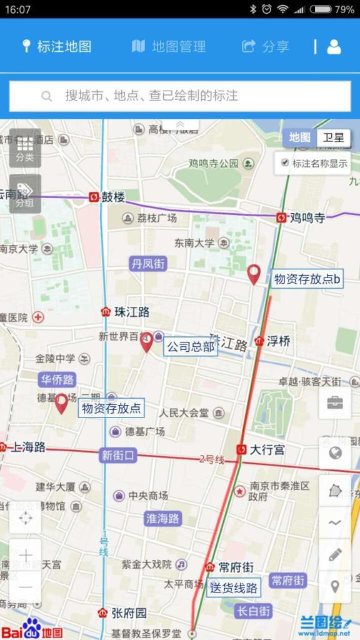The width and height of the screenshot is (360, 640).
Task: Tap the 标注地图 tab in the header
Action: click(57, 46)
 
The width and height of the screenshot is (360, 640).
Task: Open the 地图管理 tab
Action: click(169, 46)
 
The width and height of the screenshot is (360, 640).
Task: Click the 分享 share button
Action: click(266, 46)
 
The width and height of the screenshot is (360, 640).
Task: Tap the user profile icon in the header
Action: click(334, 46)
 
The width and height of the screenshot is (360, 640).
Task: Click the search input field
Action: click(180, 96)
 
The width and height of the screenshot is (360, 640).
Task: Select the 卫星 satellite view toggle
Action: click(333, 137)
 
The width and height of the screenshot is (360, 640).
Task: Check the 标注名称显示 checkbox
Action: click(285, 163)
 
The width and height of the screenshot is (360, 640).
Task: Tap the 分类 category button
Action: click(25, 147)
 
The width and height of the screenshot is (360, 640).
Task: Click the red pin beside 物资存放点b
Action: click(254, 274)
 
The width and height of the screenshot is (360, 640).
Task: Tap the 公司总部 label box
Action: click(191, 346)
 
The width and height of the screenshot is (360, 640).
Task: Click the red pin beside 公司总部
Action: click(146, 342)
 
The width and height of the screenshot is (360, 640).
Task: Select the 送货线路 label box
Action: click(234, 587)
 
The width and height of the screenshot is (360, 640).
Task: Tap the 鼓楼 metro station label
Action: click(113, 197)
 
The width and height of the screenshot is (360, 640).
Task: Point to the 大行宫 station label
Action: click(267, 449)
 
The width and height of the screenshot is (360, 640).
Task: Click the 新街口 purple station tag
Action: click(117, 456)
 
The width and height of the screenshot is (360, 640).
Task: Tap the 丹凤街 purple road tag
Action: click(148, 264)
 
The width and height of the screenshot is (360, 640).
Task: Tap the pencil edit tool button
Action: click(334, 554)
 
